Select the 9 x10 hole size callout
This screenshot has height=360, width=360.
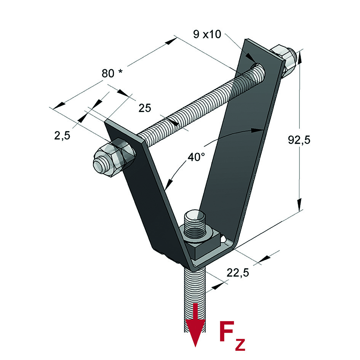tap(207, 34)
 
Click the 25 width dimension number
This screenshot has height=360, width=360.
tap(145, 108)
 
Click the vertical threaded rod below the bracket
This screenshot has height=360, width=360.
tap(195, 290)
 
